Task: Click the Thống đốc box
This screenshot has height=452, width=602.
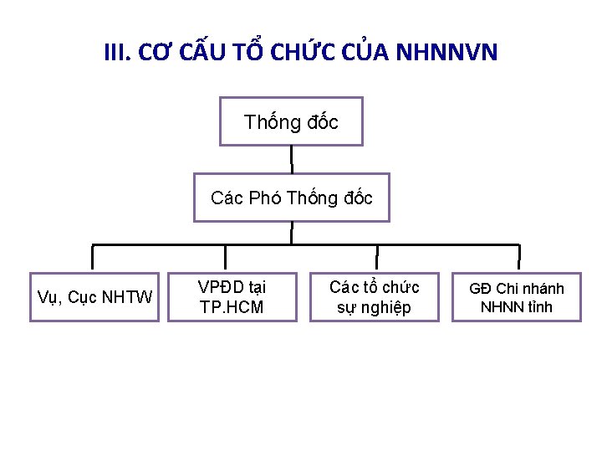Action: click(x=291, y=122)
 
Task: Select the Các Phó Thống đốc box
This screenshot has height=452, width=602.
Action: click(x=291, y=198)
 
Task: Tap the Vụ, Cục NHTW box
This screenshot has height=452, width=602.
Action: click(x=94, y=297)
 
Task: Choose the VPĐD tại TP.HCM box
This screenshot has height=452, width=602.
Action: click(x=232, y=297)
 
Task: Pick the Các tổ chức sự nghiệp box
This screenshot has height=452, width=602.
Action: click(x=374, y=297)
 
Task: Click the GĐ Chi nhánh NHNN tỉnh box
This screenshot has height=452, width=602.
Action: click(x=516, y=297)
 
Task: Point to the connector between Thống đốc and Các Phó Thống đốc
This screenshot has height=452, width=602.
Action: click(x=291, y=159)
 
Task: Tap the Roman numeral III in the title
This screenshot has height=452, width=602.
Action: click(x=116, y=54)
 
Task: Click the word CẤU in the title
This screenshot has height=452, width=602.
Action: click(x=199, y=54)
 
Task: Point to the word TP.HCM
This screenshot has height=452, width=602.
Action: click(x=232, y=307)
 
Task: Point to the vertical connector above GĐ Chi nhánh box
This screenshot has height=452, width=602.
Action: click(x=518, y=258)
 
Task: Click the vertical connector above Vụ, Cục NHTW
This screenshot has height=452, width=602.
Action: click(x=92, y=258)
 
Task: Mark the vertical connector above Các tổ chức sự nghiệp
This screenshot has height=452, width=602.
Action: click(x=376, y=258)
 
